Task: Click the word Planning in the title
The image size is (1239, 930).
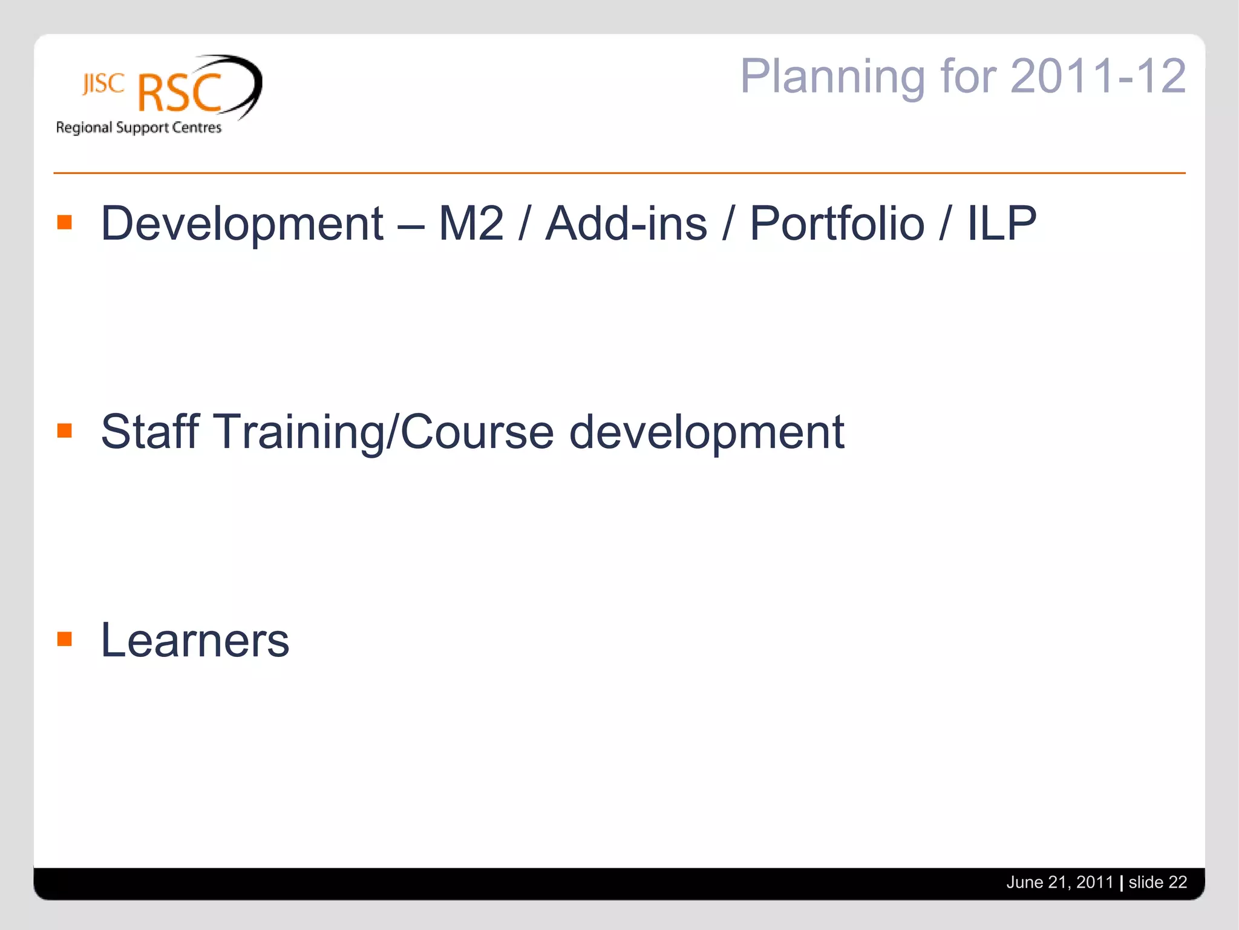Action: point(832,76)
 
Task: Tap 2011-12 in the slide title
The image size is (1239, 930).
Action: point(1097,76)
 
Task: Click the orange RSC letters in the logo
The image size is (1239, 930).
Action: point(180,94)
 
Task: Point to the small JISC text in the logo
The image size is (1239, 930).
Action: point(103,84)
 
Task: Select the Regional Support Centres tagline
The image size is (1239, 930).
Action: point(139,128)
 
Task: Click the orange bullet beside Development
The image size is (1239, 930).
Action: point(65,222)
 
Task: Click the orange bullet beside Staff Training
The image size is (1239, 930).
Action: point(65,430)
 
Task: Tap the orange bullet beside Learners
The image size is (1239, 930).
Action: point(65,639)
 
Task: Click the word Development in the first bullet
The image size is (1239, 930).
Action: point(242,224)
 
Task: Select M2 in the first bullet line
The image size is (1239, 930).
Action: point(471,224)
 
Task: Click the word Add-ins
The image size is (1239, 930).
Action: point(626,224)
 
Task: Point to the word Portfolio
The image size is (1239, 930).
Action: point(837,224)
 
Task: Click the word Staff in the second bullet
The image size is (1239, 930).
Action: point(149,432)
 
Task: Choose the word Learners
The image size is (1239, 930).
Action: point(195,641)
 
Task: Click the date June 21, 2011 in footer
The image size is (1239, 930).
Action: point(1059,882)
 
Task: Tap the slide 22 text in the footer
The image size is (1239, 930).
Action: point(1157,882)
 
